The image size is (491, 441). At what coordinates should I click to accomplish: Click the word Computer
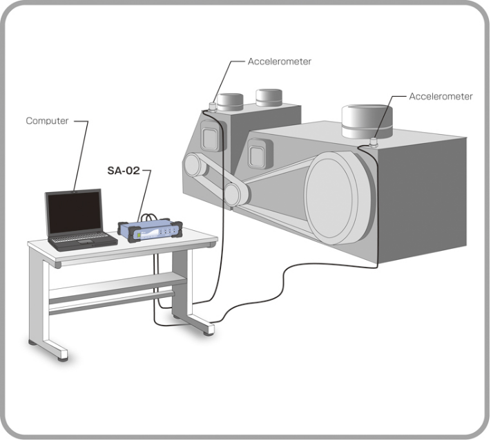tap(47, 120)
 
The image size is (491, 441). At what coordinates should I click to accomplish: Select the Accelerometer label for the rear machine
tap(279, 62)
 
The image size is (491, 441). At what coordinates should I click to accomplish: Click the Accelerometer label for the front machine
tap(441, 96)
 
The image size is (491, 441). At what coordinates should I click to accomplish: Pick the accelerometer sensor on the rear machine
tap(213, 106)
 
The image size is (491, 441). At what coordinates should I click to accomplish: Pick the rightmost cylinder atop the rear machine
tap(270, 98)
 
